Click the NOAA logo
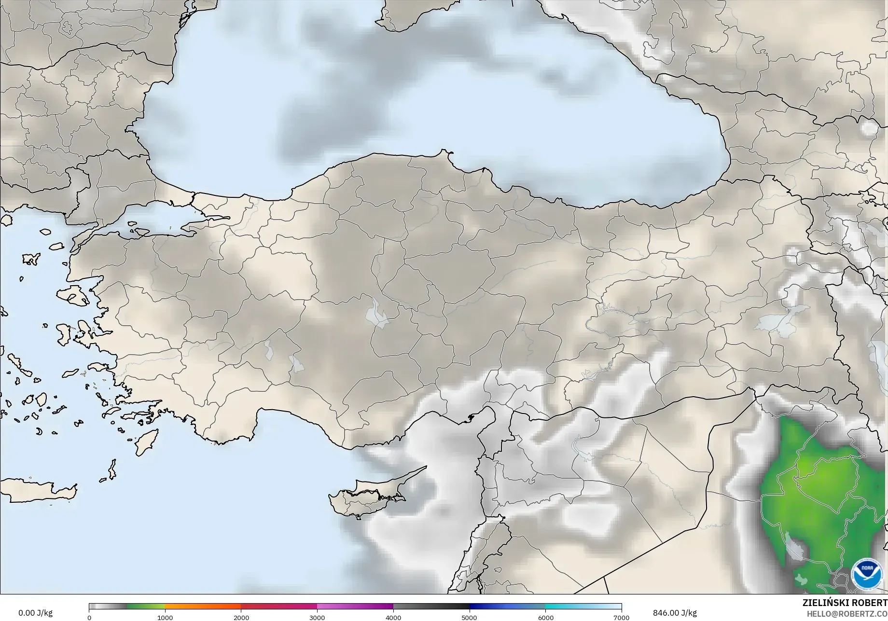pyautogui.click(x=867, y=574)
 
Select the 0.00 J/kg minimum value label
pyautogui.click(x=35, y=613)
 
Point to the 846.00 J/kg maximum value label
pyautogui.click(x=675, y=613)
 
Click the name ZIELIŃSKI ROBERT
pyautogui.click(x=845, y=603)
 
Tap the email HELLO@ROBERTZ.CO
pyautogui.click(x=847, y=613)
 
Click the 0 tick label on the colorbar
pyautogui.click(x=89, y=618)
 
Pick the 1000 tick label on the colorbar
pyautogui.click(x=165, y=618)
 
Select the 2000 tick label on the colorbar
pyautogui.click(x=241, y=618)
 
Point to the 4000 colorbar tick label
pyautogui.click(x=393, y=618)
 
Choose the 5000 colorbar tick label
pyautogui.click(x=470, y=618)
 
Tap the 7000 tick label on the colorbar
pyautogui.click(x=621, y=618)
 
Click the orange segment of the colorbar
pyautogui.click(x=203, y=607)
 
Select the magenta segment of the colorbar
pyautogui.click(x=355, y=607)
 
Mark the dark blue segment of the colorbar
pyautogui.click(x=507, y=607)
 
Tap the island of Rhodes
pyautogui.click(x=145, y=442)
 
